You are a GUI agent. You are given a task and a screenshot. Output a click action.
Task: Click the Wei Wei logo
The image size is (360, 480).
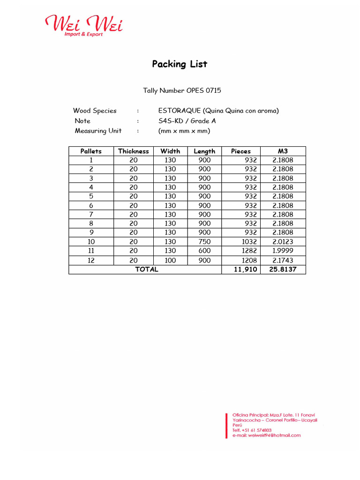(83, 25)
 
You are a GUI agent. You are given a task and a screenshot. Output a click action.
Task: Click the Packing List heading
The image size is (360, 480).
(180, 64)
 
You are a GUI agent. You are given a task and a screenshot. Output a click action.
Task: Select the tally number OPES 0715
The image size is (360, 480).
(182, 90)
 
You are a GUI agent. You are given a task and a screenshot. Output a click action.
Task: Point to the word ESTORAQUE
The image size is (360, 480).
(180, 111)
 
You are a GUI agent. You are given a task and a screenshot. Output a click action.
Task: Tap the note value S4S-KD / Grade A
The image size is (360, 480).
(187, 121)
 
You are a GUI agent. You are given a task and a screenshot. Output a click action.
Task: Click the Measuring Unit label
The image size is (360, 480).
(98, 131)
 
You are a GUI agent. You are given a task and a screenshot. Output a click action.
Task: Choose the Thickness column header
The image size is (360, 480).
(133, 151)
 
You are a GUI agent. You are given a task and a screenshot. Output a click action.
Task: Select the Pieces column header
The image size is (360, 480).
(240, 151)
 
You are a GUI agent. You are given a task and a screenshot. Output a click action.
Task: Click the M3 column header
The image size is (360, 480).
(283, 151)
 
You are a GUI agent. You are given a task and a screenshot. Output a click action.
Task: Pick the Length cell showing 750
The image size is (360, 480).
(204, 241)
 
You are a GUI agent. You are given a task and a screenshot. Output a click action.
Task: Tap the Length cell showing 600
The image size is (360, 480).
(204, 251)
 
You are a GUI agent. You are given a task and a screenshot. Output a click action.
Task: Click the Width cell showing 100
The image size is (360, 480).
(170, 260)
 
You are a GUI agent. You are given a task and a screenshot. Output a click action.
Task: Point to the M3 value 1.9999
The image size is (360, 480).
(283, 251)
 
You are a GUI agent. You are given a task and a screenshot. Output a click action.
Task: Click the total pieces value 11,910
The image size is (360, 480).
(245, 270)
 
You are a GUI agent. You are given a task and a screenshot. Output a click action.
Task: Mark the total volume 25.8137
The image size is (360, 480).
(283, 270)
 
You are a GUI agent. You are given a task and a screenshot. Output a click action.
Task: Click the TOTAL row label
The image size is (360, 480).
(147, 270)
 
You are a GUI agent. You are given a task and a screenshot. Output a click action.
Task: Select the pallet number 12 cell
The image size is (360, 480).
(91, 260)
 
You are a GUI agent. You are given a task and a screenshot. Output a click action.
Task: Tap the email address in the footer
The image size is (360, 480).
(267, 435)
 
